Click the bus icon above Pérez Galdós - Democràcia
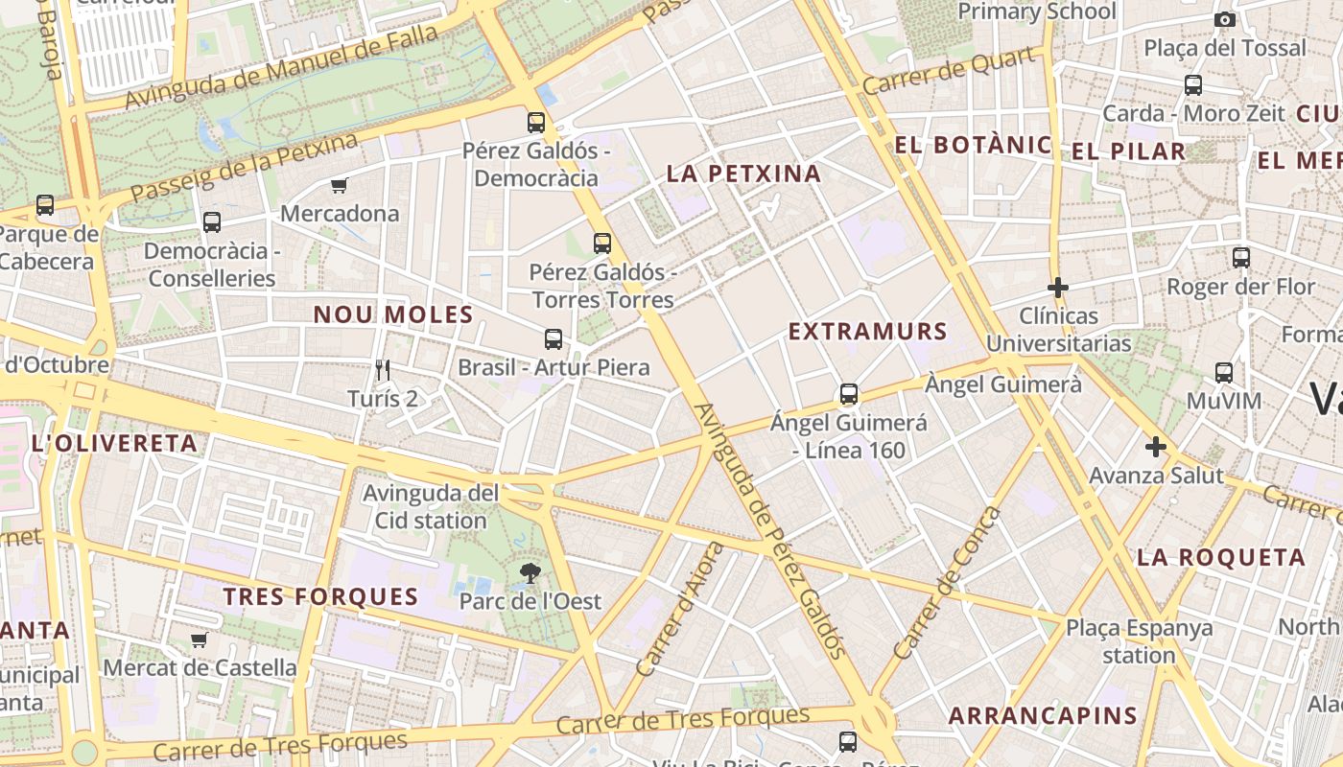(536, 123)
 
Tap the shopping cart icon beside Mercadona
(339, 185)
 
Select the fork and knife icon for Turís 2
(383, 370)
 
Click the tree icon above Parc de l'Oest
(529, 573)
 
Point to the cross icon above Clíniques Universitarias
(1058, 288)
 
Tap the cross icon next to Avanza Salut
(1156, 447)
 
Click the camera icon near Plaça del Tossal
(1224, 19)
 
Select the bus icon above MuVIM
(1224, 373)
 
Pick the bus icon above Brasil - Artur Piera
(554, 338)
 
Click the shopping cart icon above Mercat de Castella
(200, 639)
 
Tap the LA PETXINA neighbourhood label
(744, 174)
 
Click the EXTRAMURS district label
(868, 332)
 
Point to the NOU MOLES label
(393, 314)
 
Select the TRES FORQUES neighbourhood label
(321, 596)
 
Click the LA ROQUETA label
(1221, 557)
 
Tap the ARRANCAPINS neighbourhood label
(1043, 715)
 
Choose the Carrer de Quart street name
(949, 71)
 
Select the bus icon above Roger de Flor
(1241, 257)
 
